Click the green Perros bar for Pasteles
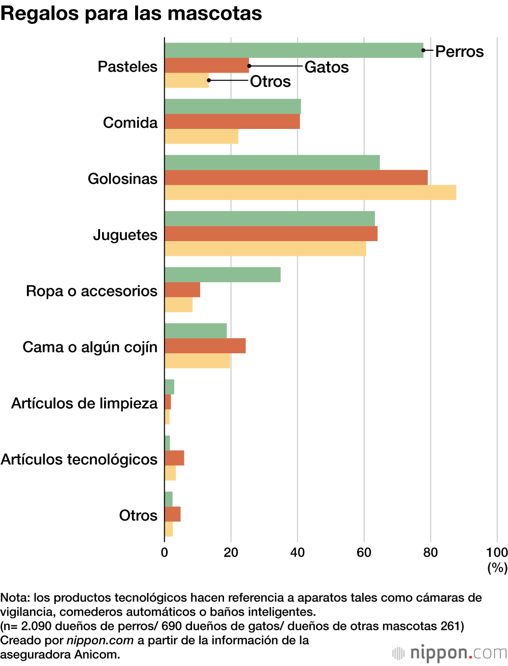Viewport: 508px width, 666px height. pyautogui.click(x=294, y=50)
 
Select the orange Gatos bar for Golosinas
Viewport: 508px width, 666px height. pyautogui.click(x=296, y=178)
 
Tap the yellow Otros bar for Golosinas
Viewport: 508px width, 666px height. pyautogui.click(x=310, y=193)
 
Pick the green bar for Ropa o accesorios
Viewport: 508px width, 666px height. pyautogui.click(x=223, y=275)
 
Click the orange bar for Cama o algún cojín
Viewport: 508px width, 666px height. pyautogui.click(x=205, y=346)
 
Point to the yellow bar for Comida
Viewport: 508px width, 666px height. pyautogui.click(x=201, y=137)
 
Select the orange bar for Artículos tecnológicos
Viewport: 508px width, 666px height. pyautogui.click(x=174, y=458)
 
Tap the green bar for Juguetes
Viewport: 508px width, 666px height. pyautogui.click(x=269, y=218)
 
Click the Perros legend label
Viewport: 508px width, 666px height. pyautogui.click(x=459, y=52)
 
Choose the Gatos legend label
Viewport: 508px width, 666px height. pyautogui.click(x=327, y=67)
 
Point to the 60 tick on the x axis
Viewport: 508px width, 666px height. pyautogui.click(x=364, y=552)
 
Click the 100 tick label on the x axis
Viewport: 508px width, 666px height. pyautogui.click(x=496, y=552)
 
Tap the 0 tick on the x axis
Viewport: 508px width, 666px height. pyautogui.click(x=165, y=552)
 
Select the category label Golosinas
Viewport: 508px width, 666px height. pyautogui.click(x=122, y=179)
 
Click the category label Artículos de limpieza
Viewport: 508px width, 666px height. pyautogui.click(x=84, y=403)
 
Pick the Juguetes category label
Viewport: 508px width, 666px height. pyautogui.click(x=125, y=235)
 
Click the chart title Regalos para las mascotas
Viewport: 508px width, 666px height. pyautogui.click(x=131, y=13)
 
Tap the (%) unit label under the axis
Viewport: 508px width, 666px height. pyautogui.click(x=497, y=567)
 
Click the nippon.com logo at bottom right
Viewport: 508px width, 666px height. pyautogui.click(x=450, y=653)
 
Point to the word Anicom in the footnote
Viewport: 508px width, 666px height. pyautogui.click(x=97, y=654)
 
